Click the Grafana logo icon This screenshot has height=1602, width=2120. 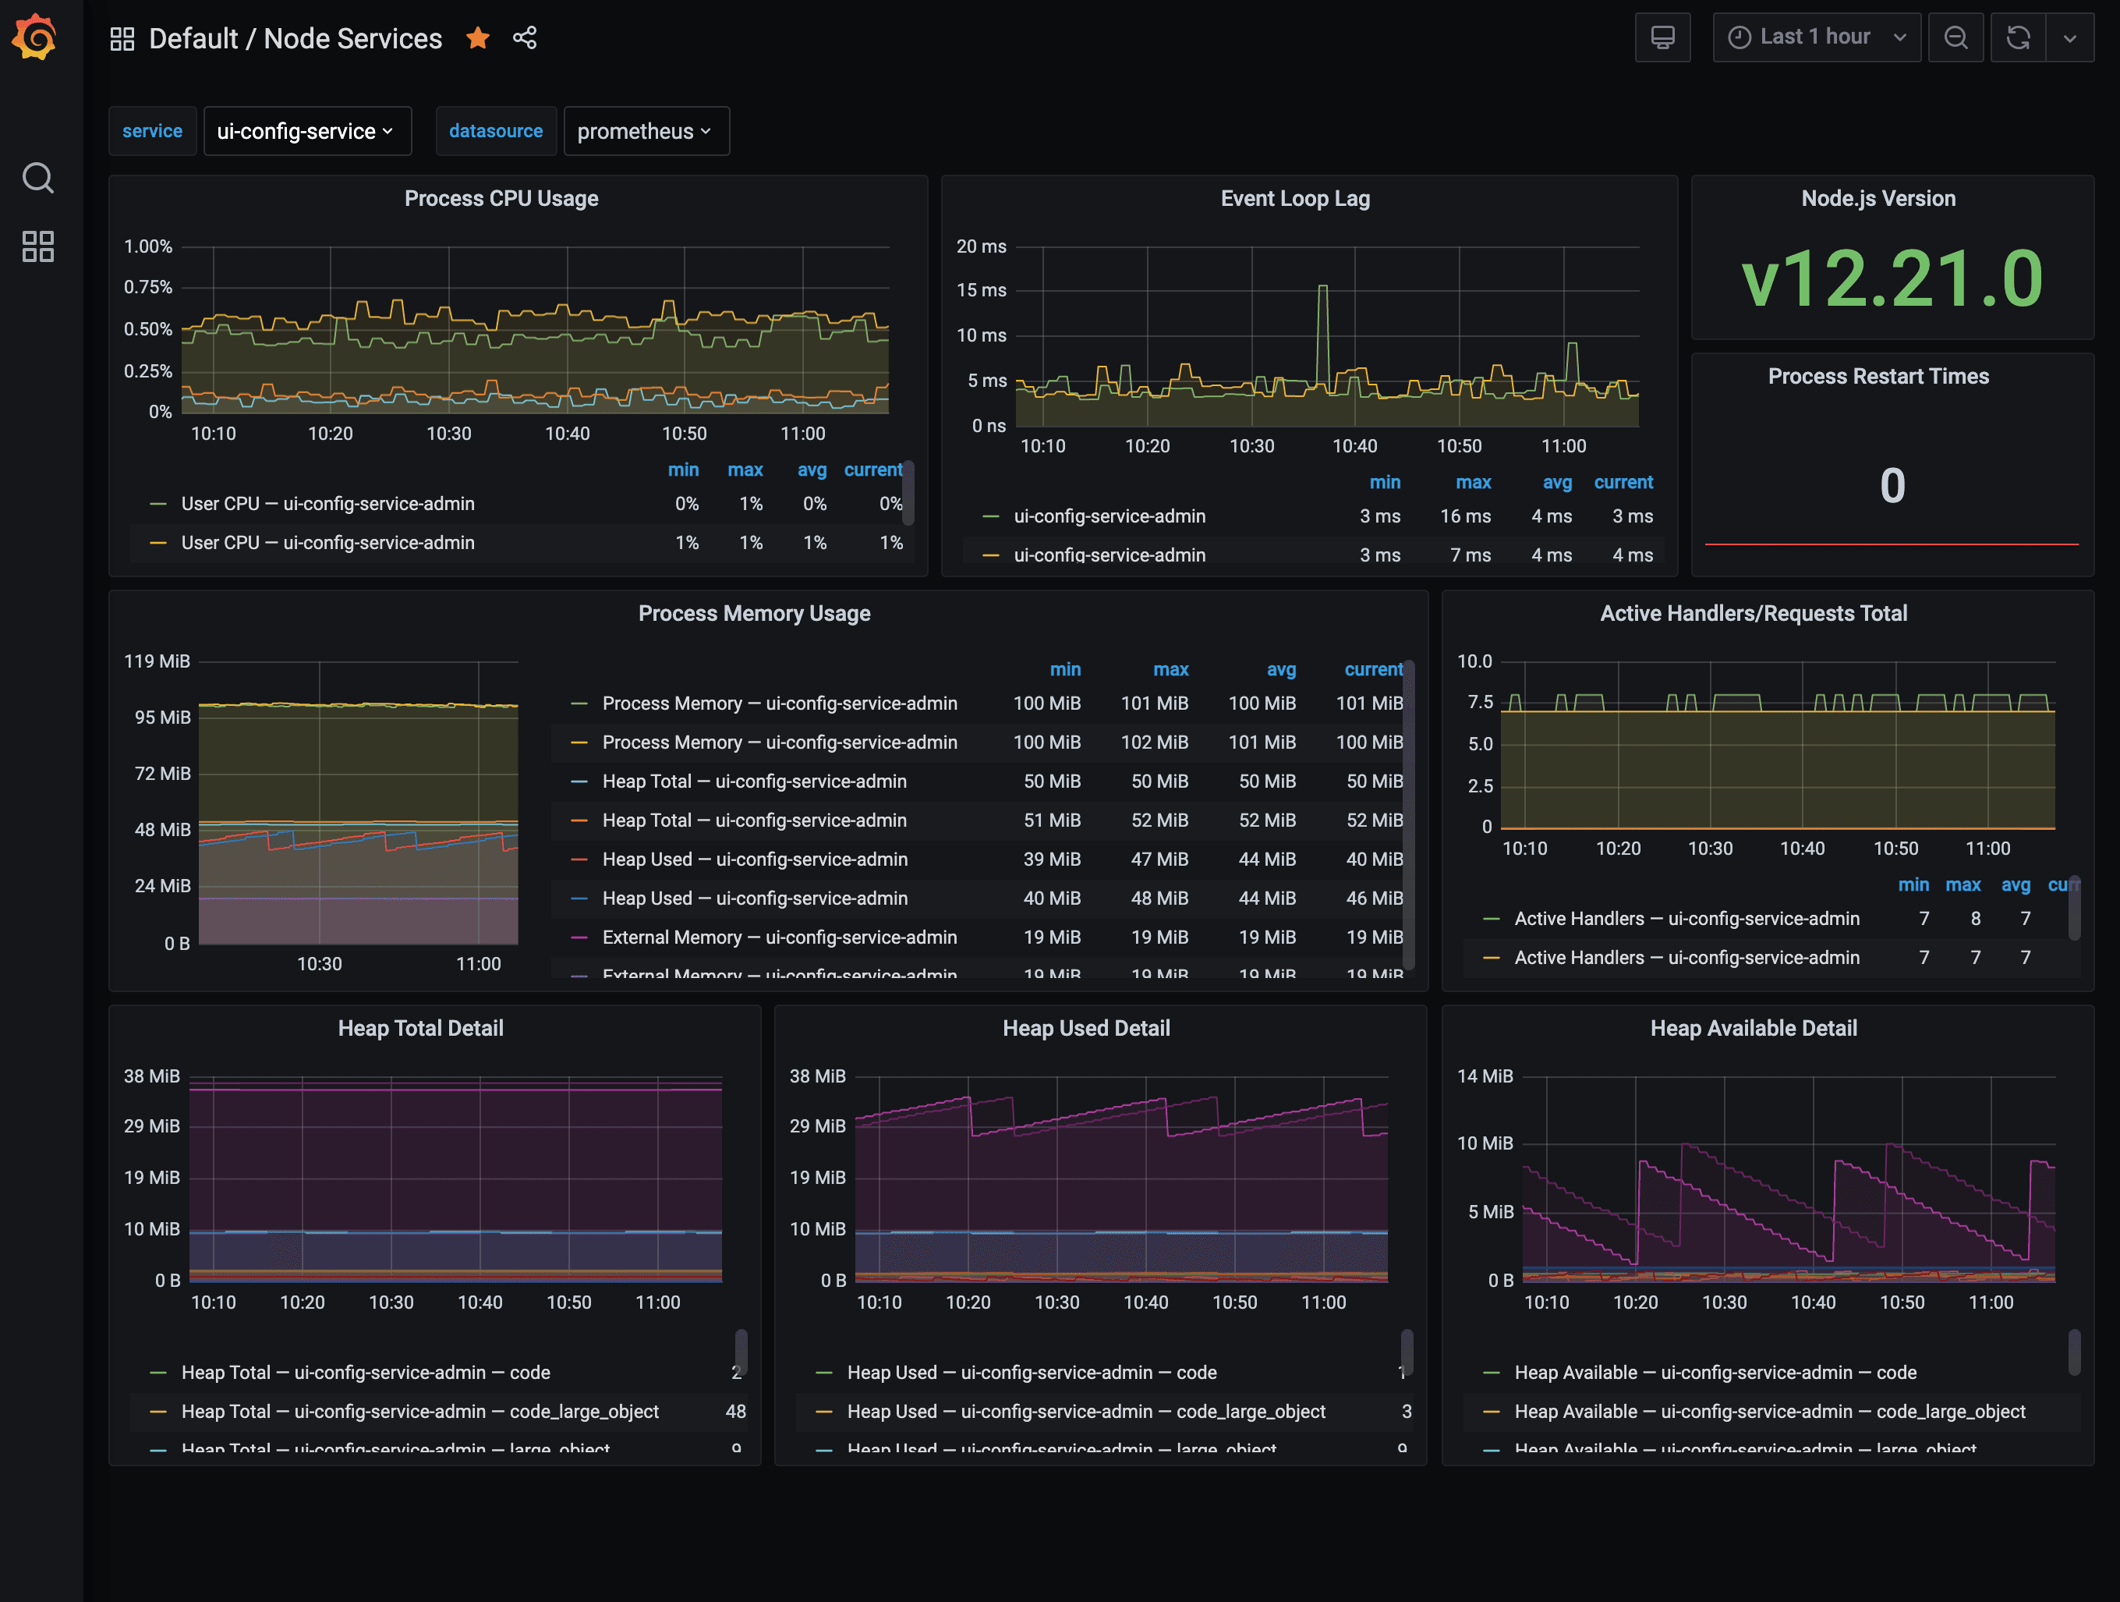[34, 37]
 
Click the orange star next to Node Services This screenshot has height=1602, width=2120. [477, 38]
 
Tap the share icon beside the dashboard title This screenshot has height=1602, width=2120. [524, 38]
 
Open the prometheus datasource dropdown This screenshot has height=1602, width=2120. [645, 131]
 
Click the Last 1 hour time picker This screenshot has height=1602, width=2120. [1815, 37]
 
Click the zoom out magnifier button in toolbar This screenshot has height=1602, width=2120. [1955, 37]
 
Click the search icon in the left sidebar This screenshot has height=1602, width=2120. [38, 177]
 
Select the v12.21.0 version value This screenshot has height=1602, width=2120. [1891, 278]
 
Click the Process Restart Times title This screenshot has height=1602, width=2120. [1878, 376]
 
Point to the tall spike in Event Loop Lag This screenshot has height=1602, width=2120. [1322, 288]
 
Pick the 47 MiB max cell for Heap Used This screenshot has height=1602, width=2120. [1159, 859]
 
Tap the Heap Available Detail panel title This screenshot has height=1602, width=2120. [1753, 1028]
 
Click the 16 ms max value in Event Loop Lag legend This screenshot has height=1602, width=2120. [1464, 516]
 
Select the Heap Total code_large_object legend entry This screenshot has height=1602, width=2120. [419, 1411]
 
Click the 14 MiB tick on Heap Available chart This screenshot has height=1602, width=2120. [1484, 1076]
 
